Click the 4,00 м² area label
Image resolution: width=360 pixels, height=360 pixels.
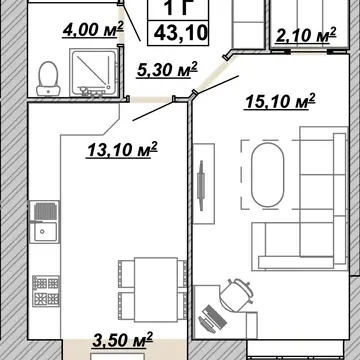(x=93, y=30)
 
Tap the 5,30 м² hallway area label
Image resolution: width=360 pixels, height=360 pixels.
(x=167, y=70)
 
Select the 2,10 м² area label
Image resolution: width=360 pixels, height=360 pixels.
(x=306, y=35)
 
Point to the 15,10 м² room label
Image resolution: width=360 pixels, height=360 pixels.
(x=280, y=101)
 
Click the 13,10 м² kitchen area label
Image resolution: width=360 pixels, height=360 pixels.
(x=122, y=149)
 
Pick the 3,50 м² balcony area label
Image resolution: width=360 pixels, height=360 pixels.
(x=122, y=340)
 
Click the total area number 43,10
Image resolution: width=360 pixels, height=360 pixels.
(x=181, y=33)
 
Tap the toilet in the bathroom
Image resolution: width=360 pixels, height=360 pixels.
(x=48, y=79)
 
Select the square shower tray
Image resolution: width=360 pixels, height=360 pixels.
(x=93, y=72)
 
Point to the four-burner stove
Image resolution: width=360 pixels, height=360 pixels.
(x=46, y=291)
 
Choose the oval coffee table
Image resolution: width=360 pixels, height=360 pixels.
(x=268, y=175)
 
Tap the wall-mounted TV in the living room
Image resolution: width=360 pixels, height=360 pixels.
(x=201, y=185)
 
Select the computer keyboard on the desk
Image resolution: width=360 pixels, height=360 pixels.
(x=213, y=317)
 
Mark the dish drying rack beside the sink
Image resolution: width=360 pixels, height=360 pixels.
(x=45, y=211)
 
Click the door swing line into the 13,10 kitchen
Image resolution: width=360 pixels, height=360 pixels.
(x=154, y=110)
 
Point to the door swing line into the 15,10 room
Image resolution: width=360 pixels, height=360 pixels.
(x=217, y=83)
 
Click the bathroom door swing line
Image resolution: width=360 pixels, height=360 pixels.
(x=131, y=23)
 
